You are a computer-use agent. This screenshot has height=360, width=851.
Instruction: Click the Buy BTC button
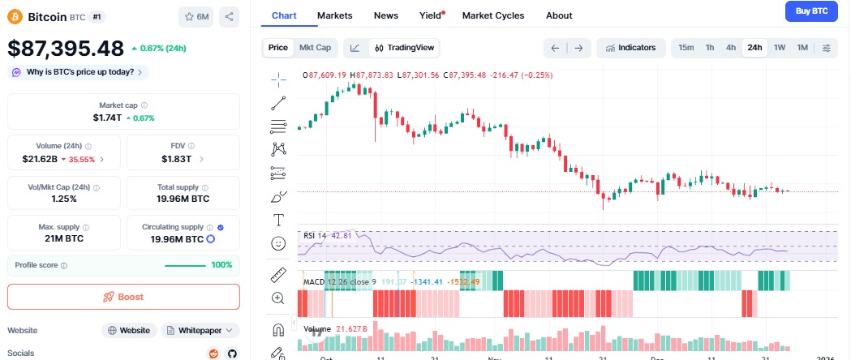pyautogui.click(x=812, y=11)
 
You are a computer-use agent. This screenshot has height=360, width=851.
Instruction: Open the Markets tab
pyautogui.click(x=334, y=15)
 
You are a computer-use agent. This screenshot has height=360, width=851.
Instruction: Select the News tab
pyautogui.click(x=385, y=15)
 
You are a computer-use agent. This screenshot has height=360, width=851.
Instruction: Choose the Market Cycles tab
pyautogui.click(x=492, y=15)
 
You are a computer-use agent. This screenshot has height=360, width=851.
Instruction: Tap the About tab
pyautogui.click(x=559, y=15)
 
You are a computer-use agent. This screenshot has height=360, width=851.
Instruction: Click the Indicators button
pyautogui.click(x=630, y=48)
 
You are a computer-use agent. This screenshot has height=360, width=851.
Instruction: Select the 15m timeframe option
pyautogui.click(x=686, y=48)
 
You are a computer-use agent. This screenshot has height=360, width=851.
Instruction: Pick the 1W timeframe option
pyautogui.click(x=780, y=48)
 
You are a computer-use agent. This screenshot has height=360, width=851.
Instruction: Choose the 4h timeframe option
pyautogui.click(x=731, y=48)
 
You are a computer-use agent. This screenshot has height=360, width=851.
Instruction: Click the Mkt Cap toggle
pyautogui.click(x=315, y=48)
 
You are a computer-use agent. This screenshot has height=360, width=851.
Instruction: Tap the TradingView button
pyautogui.click(x=404, y=48)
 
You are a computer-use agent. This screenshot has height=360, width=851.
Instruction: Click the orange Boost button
pyautogui.click(x=123, y=297)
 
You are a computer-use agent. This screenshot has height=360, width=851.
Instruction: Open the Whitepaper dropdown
pyautogui.click(x=200, y=330)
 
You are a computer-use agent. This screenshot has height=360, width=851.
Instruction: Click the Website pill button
pyautogui.click(x=129, y=330)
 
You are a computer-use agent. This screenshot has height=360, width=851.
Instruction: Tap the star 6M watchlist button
pyautogui.click(x=196, y=16)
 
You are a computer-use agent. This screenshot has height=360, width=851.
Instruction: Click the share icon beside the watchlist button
pyautogui.click(x=229, y=16)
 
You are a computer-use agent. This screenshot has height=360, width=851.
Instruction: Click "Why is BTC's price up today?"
pyautogui.click(x=79, y=72)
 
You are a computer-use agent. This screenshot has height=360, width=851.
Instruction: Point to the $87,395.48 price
pyautogui.click(x=66, y=48)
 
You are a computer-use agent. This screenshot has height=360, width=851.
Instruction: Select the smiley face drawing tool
pyautogui.click(x=278, y=243)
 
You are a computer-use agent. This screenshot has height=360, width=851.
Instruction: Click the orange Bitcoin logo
pyautogui.click(x=15, y=16)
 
